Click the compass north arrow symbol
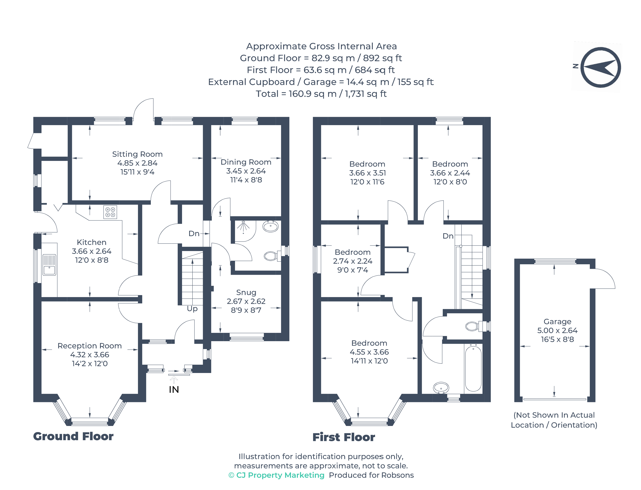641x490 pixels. click(600, 67)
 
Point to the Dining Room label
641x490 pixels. click(246, 162)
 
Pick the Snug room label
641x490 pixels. click(246, 293)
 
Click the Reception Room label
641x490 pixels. click(90, 346)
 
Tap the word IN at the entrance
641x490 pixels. click(174, 390)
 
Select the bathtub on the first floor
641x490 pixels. click(473, 368)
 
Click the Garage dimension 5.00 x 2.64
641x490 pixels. click(557, 330)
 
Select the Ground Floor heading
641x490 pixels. click(73, 436)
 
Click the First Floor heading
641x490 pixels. click(344, 437)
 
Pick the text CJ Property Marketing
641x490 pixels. click(280, 475)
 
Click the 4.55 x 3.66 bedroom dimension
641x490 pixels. click(369, 352)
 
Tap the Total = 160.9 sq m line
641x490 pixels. click(321, 94)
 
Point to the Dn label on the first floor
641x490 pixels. click(448, 236)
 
